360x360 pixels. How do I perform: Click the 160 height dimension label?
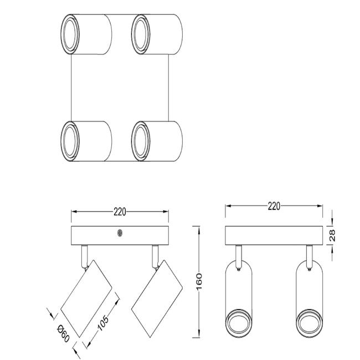point(199,281)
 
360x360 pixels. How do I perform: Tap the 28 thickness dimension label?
point(332,235)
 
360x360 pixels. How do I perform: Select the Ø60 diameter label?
point(63,333)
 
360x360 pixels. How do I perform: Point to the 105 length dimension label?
point(103,323)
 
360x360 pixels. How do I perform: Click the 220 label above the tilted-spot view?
point(120,212)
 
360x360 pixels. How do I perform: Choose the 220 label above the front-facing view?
point(274,206)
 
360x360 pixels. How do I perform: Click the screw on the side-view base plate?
point(120,233)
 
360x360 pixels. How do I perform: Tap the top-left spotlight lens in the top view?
point(70,34)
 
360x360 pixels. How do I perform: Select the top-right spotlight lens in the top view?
point(141,34)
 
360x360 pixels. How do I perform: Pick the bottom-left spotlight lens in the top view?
point(70,141)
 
